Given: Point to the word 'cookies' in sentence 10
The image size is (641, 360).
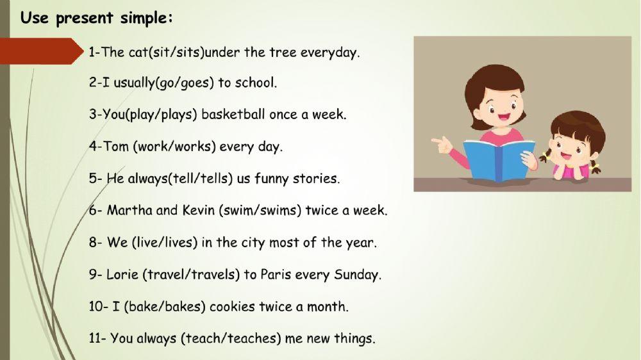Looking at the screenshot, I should [232, 307].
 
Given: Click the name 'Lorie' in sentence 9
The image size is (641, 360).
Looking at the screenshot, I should [121, 275].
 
